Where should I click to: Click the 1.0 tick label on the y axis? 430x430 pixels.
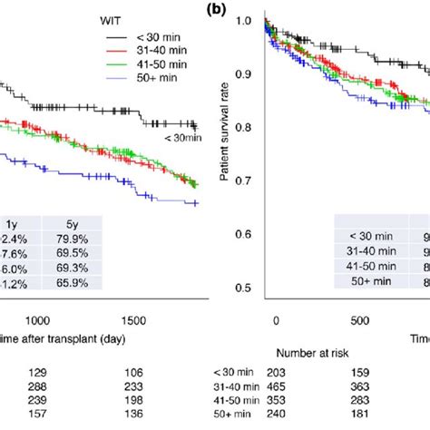click(x=246, y=19)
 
